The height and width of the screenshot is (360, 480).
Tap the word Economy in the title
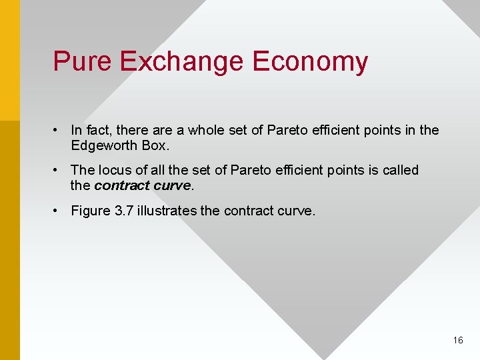pos(311,61)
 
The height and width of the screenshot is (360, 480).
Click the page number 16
pos(457,340)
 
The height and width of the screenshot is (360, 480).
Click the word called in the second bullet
pos(401,170)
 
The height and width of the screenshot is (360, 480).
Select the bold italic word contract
pos(121,185)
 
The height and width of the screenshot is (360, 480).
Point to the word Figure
pos(91,211)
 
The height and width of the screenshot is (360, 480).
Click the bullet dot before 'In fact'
pos(59,130)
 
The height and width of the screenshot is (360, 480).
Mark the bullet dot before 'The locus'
pos(59,170)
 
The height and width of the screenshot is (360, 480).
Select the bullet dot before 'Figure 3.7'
pos(59,211)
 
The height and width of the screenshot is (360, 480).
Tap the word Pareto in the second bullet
pos(249,170)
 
